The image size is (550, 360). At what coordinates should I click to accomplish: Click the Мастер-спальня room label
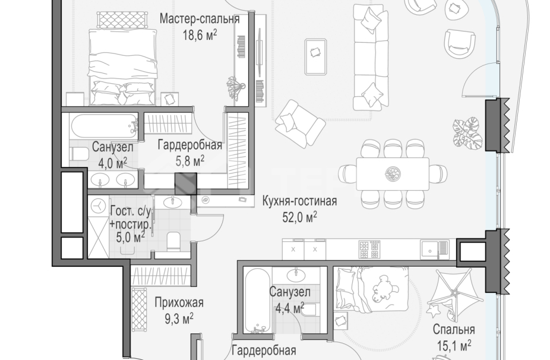tap(199, 19)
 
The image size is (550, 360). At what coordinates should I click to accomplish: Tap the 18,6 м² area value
tap(200, 34)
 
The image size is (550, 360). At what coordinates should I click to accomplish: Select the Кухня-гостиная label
tap(299, 201)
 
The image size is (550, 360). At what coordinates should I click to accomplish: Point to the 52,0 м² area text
tap(299, 217)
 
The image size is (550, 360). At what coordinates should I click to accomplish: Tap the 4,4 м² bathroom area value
tap(289, 308)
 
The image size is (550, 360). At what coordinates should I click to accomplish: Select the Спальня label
tap(453, 330)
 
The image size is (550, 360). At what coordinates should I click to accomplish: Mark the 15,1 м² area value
tap(453, 345)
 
